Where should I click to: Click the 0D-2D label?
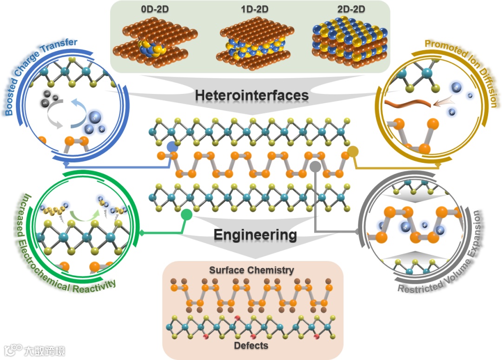[152, 9]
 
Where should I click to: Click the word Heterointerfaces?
[251, 95]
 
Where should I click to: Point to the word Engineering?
[255, 235]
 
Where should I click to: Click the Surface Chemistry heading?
[251, 270]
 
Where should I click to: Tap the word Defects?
[251, 346]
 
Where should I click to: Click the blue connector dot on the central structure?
[172, 147]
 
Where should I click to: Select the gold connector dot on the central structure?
[353, 151]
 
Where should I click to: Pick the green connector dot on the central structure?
[186, 214]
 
